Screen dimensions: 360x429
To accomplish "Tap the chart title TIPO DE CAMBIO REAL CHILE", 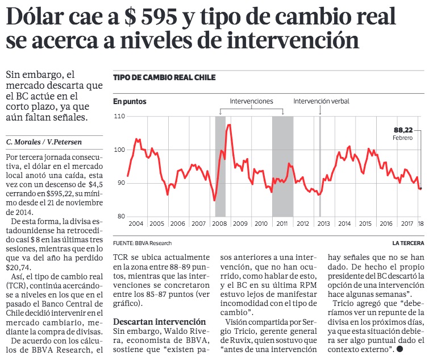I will tap(164, 78).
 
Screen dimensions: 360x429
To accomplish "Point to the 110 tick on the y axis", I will tap(119, 117).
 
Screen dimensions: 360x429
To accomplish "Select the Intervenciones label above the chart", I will tap(251, 101).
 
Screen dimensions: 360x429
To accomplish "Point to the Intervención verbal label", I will tap(321, 101).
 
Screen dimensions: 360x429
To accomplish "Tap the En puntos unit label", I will tap(130, 101).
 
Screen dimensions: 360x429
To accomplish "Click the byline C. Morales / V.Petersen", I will tap(38, 141).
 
